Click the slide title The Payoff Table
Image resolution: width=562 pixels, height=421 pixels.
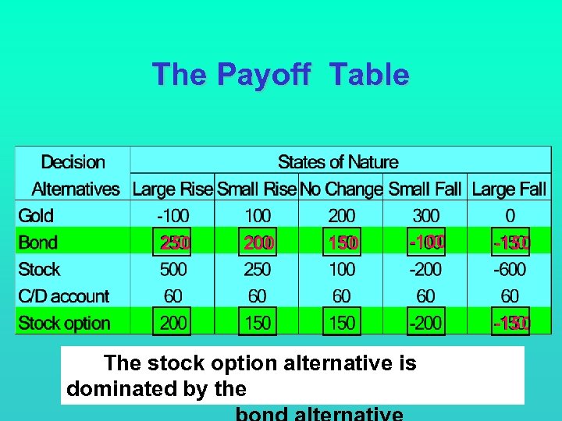[280, 75]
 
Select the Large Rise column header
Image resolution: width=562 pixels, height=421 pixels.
[173, 189]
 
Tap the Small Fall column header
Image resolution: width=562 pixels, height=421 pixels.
[425, 189]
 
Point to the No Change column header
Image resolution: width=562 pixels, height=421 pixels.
[341, 189]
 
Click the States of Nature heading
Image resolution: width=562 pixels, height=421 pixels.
[338, 162]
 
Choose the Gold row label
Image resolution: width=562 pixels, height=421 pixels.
[36, 216]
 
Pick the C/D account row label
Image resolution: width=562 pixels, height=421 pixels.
[63, 296]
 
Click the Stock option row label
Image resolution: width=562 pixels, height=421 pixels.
[64, 323]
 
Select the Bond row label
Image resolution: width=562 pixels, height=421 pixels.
[37, 242]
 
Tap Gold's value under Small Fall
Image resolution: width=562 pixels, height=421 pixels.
[425, 216]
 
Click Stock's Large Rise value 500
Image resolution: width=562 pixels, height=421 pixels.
[173, 270]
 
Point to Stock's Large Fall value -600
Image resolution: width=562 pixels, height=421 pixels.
[510, 270]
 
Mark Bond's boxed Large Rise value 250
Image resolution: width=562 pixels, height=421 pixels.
[174, 243]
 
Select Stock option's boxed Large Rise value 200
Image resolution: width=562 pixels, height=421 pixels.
[173, 323]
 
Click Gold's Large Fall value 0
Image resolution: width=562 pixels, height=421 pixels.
[510, 216]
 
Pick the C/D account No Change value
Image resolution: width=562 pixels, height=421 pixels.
[341, 296]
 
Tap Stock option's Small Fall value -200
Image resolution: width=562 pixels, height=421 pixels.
[425, 323]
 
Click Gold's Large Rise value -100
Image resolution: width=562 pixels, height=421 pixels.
[173, 216]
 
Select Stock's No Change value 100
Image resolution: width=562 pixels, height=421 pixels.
[341, 270]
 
